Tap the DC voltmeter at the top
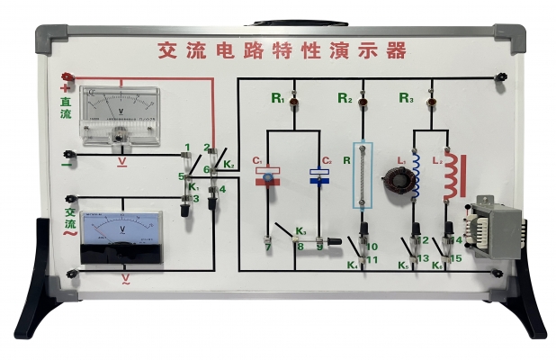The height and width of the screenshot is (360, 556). coord(120,116)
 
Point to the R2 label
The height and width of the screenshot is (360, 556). coord(345,96)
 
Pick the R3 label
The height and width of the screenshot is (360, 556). coord(406,96)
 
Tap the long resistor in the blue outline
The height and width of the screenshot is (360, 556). coord(362,175)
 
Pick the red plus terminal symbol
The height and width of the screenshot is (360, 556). coord(65,88)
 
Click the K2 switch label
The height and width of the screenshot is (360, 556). coord(230,165)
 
